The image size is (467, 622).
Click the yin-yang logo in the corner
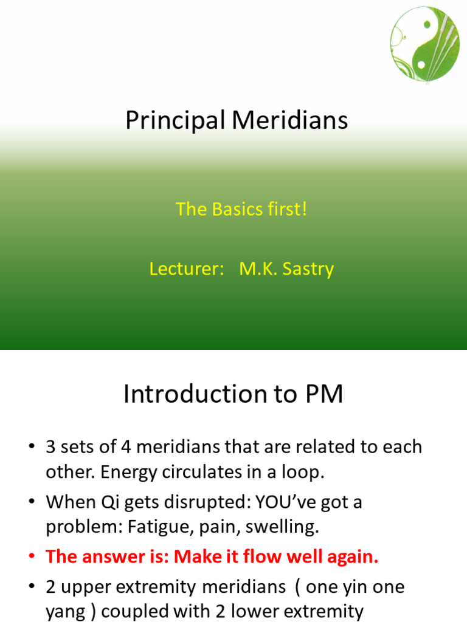pos(424,44)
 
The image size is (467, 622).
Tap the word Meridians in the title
pos(290,120)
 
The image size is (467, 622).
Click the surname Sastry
pos(308,270)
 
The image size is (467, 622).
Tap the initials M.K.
pos(258,269)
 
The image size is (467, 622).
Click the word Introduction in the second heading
pos(194,394)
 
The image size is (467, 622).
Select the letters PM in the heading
pos(324,394)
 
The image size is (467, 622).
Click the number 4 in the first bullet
pos(126,447)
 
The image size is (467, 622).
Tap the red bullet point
pos(32,556)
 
